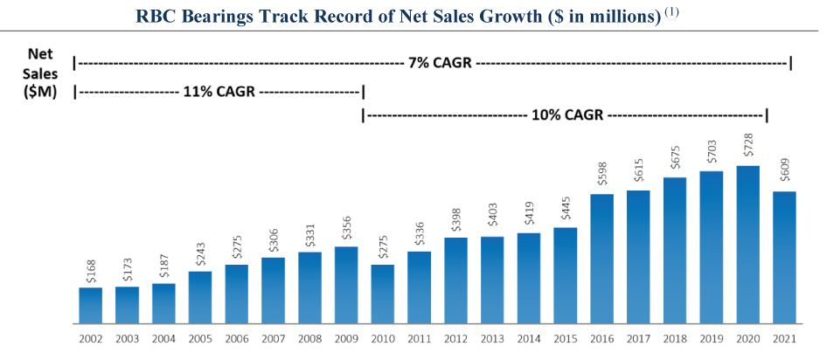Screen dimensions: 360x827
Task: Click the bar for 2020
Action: (747, 245)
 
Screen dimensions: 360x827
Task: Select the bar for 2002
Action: (90, 305)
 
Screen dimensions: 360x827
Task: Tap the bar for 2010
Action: (382, 294)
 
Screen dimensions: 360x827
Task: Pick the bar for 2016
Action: (601, 259)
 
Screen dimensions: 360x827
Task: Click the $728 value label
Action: (748, 148)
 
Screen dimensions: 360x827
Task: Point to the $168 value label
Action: (91, 270)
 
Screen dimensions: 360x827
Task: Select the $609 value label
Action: (785, 174)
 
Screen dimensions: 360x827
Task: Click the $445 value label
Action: (566, 210)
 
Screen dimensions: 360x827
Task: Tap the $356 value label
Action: (346, 229)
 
